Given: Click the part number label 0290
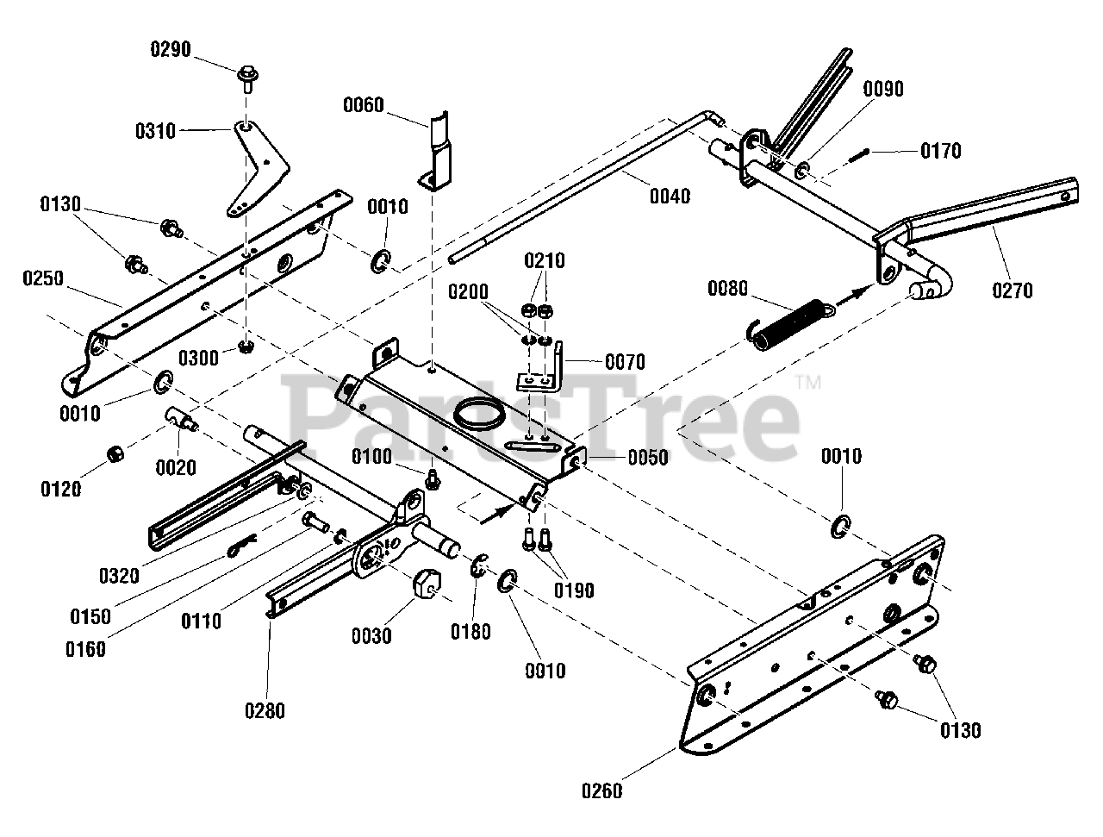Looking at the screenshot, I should click(x=171, y=49).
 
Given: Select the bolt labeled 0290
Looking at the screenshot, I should click(x=246, y=79).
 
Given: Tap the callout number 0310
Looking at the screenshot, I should click(x=155, y=131).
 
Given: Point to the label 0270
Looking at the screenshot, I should click(x=1012, y=290).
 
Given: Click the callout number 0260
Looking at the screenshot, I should click(x=602, y=790).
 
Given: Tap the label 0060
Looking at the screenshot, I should click(x=364, y=106).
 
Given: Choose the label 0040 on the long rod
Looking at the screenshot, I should click(x=670, y=196).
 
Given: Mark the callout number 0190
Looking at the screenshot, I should click(x=575, y=591).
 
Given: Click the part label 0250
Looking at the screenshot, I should click(x=44, y=278).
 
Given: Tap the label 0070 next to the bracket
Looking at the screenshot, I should click(x=625, y=361).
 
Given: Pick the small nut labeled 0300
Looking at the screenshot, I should click(x=246, y=347).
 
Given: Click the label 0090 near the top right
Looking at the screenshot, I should click(x=883, y=89).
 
